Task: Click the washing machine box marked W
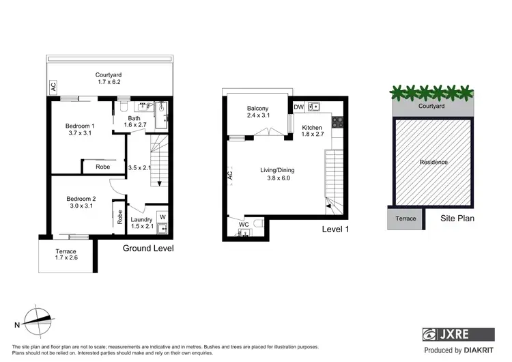[162, 219]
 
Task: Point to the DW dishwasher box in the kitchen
[298, 107]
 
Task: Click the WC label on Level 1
[243, 223]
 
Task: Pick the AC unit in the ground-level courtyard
[52, 87]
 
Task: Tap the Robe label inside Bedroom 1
[103, 167]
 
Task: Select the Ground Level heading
[148, 249]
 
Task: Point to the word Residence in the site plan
[433, 162]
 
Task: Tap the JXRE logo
[457, 335]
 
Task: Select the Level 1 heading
[335, 229]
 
